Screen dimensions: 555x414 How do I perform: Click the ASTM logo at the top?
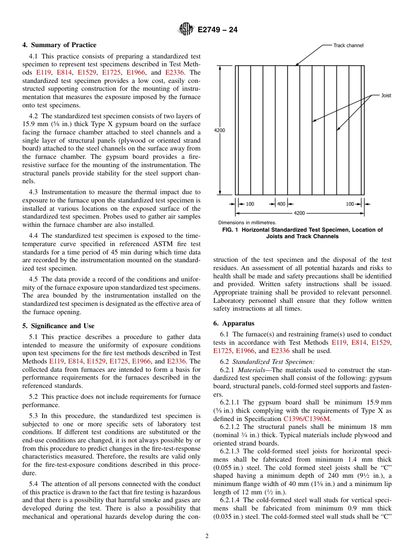(x=186, y=30)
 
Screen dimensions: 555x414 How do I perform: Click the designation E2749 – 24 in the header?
(x=217, y=30)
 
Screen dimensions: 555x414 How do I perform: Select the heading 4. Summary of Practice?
(x=59, y=45)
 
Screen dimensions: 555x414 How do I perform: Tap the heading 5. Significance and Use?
(x=58, y=326)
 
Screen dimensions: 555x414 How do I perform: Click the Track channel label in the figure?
(x=348, y=45)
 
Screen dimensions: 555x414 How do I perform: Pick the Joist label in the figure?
(x=386, y=95)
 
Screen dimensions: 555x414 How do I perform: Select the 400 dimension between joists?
(x=281, y=204)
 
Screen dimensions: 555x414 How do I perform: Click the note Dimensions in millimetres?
(x=247, y=223)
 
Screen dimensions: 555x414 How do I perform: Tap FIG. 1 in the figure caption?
(x=231, y=230)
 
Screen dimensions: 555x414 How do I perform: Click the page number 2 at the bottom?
(x=207, y=536)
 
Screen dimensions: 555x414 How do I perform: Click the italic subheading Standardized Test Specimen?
(x=274, y=361)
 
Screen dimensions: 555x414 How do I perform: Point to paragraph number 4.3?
(x=35, y=192)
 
